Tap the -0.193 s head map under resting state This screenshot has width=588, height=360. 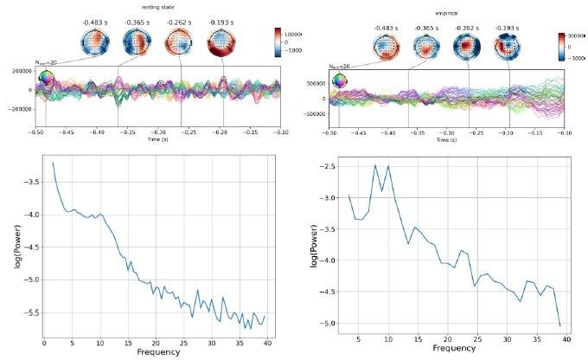[x=222, y=43]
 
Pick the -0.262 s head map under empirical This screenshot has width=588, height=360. [x=467, y=49]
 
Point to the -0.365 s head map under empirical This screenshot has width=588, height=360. [x=425, y=49]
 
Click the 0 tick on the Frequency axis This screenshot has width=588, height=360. [x=45, y=343]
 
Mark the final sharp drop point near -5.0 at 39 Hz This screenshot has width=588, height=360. [x=560, y=326]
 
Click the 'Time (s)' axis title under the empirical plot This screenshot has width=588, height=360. [x=445, y=139]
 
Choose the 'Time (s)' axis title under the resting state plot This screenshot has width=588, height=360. [x=157, y=138]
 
